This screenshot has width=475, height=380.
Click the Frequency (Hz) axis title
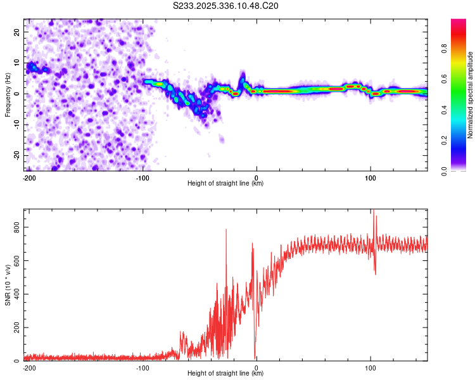tap(8, 94)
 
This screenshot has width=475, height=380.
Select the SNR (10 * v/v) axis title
tap(8, 284)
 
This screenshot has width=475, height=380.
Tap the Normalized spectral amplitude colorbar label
tap(470, 94)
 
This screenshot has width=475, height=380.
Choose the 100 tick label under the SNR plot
tap(370, 368)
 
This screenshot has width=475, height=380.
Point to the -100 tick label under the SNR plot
tap(142, 368)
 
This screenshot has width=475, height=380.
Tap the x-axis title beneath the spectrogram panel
tap(225, 184)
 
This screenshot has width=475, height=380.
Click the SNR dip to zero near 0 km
tap(255, 358)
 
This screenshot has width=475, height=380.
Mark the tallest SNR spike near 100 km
tap(373, 211)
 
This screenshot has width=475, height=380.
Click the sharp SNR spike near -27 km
tap(226, 231)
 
